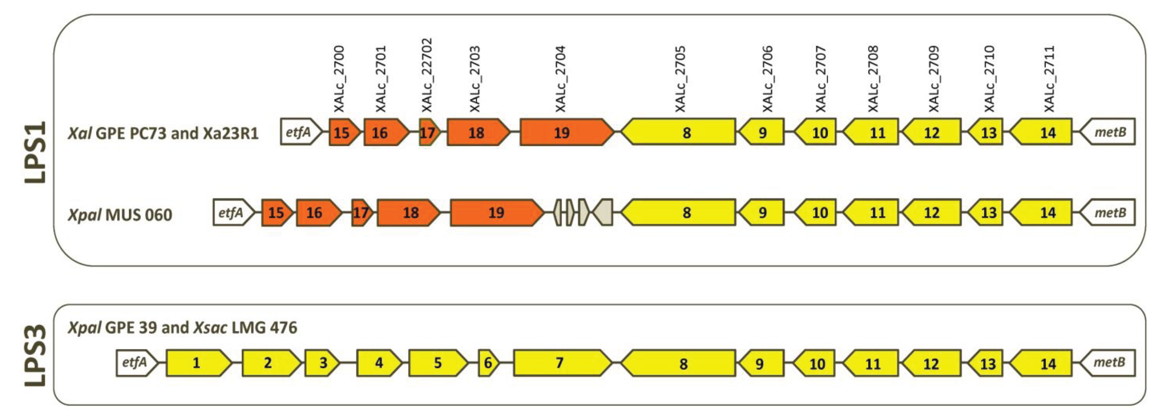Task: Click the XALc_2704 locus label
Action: click(x=561, y=79)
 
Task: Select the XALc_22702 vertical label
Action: click(x=427, y=75)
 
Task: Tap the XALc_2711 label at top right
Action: click(x=1049, y=79)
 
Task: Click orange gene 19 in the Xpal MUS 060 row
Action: click(x=496, y=212)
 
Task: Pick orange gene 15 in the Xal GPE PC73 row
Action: click(x=343, y=132)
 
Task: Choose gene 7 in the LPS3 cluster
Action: click(x=561, y=363)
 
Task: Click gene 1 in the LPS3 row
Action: click(x=197, y=363)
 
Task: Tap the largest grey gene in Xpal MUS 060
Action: click(x=604, y=212)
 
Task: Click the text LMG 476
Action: click(x=264, y=328)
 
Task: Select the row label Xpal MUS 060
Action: click(x=120, y=215)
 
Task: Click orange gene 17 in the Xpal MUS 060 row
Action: click(x=361, y=212)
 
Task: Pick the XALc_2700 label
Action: click(x=339, y=79)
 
